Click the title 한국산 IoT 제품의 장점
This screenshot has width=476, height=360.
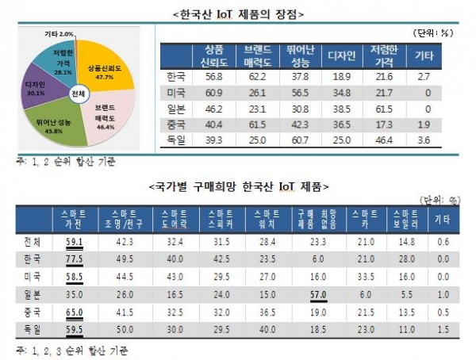click(238, 13)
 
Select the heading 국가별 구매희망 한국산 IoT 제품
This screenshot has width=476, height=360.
click(238, 186)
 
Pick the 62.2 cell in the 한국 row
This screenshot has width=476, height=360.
click(257, 78)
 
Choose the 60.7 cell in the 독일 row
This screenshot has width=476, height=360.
click(300, 139)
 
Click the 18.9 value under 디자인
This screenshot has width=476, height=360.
click(342, 78)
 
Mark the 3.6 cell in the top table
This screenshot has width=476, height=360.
click(424, 139)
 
